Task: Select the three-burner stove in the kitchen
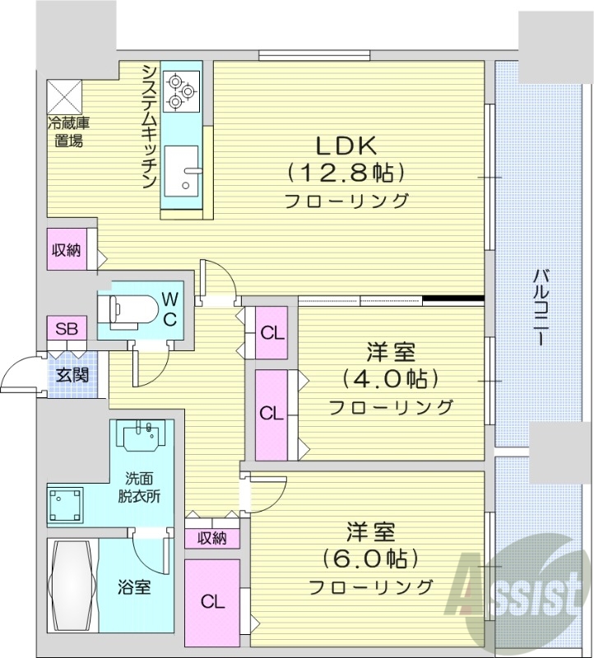click(x=181, y=90)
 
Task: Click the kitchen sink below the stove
click(x=181, y=169)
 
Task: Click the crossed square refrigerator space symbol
click(x=65, y=96)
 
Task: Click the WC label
click(x=168, y=308)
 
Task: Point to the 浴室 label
click(x=133, y=587)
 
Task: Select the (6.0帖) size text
click(x=371, y=558)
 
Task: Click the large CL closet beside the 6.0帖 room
click(x=212, y=601)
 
